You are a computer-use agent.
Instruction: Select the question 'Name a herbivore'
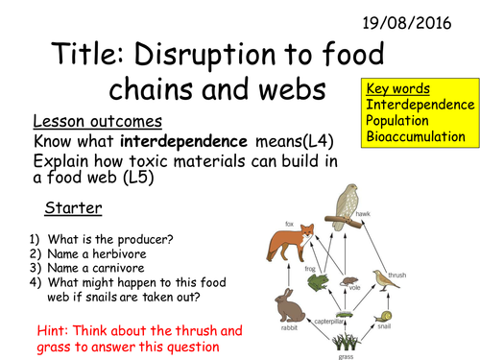pos(87,253)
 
